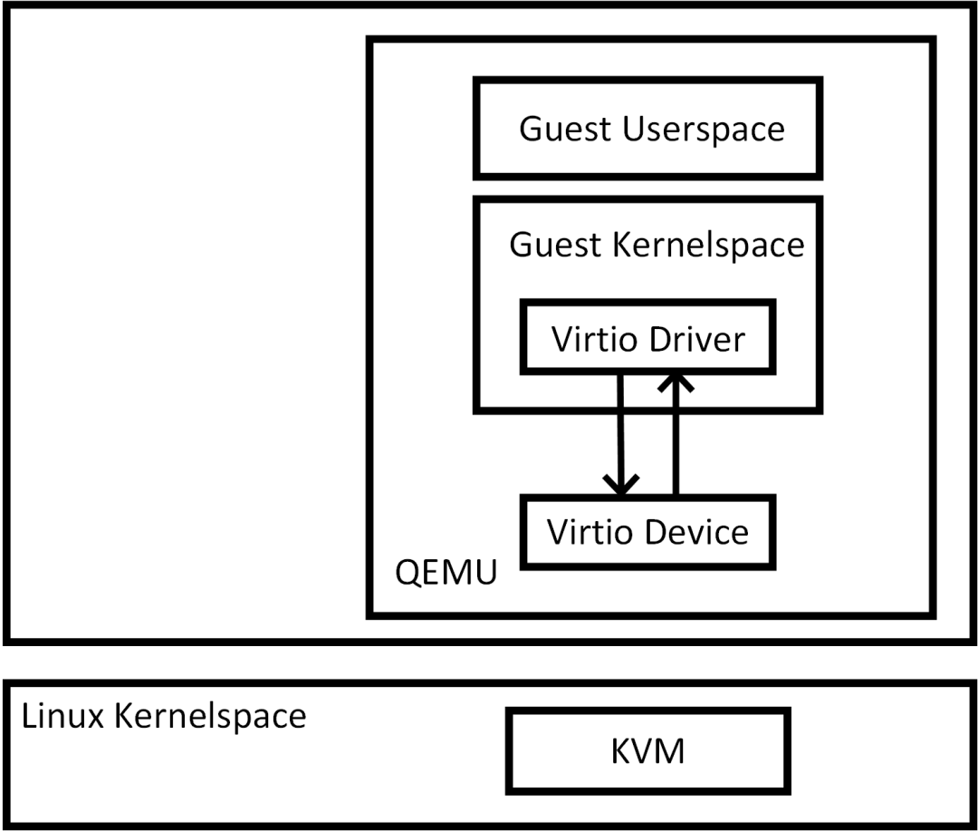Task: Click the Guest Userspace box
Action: (648, 128)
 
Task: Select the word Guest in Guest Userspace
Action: (565, 129)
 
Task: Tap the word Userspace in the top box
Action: (704, 130)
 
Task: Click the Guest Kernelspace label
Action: (657, 245)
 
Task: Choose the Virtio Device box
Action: (647, 531)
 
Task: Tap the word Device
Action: (699, 531)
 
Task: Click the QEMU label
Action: (446, 573)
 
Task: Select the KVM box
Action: (647, 750)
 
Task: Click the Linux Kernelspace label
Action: (164, 716)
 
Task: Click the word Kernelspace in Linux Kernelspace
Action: (210, 716)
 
